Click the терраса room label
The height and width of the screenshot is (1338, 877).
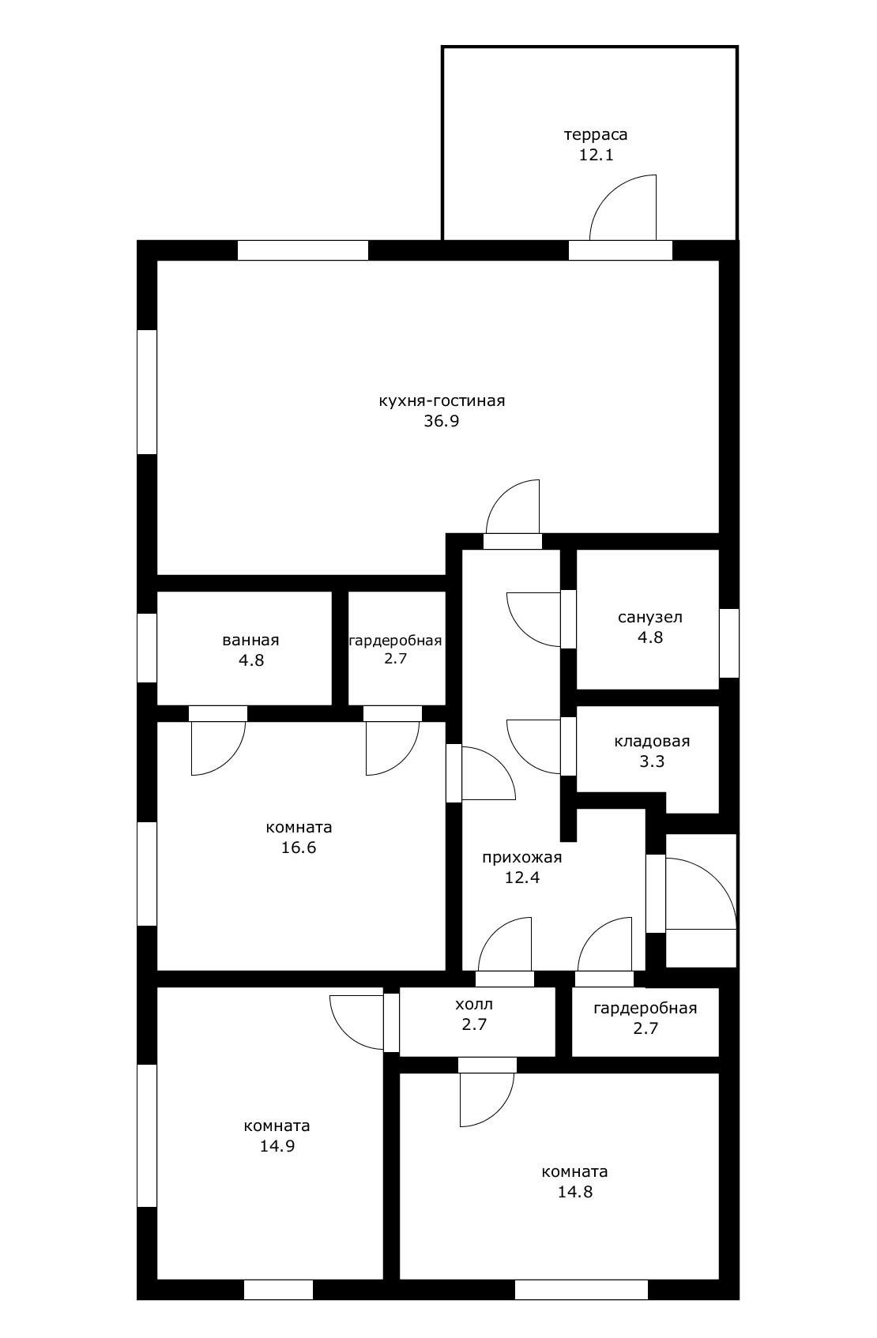pos(596,134)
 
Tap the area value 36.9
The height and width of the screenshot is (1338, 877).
pos(442,421)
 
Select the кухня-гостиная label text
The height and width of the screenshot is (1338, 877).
pos(442,400)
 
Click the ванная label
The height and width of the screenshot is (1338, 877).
pos(251,641)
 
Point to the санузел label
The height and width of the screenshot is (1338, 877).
pos(650,617)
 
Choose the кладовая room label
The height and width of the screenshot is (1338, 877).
pos(652,742)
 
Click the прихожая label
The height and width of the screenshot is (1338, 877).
pos(522,858)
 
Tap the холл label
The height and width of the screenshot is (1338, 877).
pos(474,1004)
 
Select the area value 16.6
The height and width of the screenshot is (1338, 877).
pos(299,848)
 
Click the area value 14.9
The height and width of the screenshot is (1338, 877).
pos(277,1146)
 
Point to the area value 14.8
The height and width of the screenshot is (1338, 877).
pos(575,1192)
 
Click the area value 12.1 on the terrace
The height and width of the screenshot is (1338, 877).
pos(597,155)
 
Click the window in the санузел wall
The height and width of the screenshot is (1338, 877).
pos(728,643)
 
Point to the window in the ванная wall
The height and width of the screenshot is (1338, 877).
pos(147,648)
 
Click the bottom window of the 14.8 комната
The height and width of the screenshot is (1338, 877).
pos(582,1290)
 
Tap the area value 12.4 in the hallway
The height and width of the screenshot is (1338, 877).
pos(522,878)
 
